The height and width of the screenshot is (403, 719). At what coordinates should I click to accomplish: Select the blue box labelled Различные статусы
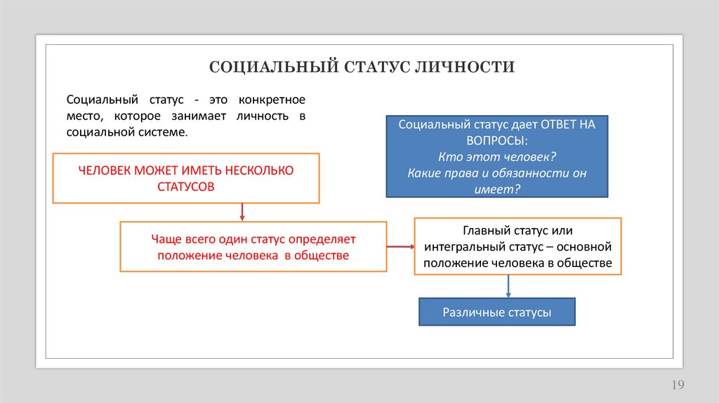(x=497, y=312)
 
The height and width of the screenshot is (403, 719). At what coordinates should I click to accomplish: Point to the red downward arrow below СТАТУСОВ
(x=242, y=213)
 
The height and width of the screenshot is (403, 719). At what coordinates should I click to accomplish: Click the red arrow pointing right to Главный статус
(x=400, y=246)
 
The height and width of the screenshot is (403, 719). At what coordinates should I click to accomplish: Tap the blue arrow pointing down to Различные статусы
(x=508, y=286)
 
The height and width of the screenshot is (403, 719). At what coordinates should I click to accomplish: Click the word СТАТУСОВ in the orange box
(x=186, y=187)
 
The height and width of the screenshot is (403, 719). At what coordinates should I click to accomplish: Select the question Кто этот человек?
(x=496, y=157)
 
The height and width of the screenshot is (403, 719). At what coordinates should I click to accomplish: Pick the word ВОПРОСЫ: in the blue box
(x=497, y=140)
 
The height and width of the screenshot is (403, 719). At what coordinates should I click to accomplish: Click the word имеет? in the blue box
(x=497, y=189)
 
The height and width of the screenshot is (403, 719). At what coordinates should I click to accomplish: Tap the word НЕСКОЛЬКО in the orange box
(x=258, y=171)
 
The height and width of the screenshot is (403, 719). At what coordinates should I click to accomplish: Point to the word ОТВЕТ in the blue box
(x=559, y=124)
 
